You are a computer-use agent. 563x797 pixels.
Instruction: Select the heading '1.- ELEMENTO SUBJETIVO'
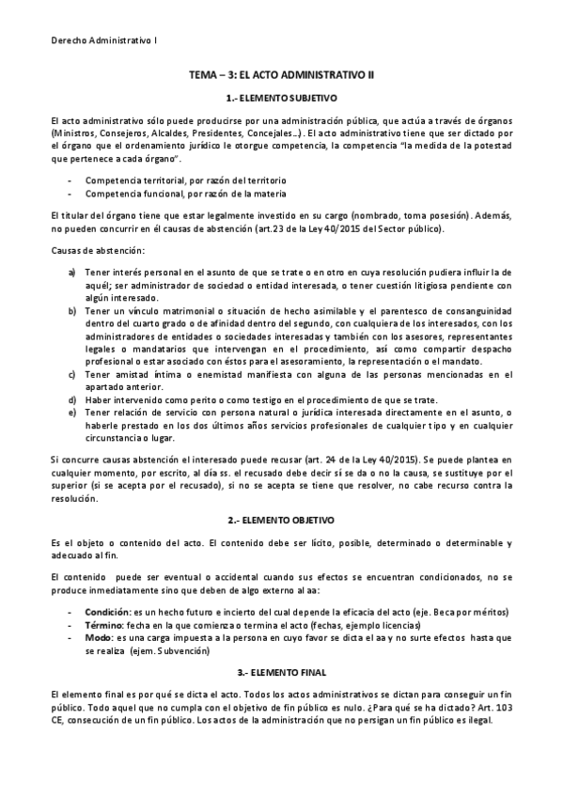pyautogui.click(x=281, y=98)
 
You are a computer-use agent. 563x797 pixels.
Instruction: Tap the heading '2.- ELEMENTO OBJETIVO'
pyautogui.click(x=281, y=520)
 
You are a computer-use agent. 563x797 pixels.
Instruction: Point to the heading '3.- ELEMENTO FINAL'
pyautogui.click(x=281, y=672)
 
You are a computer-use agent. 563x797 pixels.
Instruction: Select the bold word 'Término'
pyautogui.click(x=104, y=625)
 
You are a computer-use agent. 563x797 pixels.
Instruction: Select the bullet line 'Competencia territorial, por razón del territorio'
pyautogui.click(x=185, y=180)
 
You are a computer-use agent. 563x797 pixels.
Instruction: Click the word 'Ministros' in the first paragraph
pyautogui.click(x=76, y=133)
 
